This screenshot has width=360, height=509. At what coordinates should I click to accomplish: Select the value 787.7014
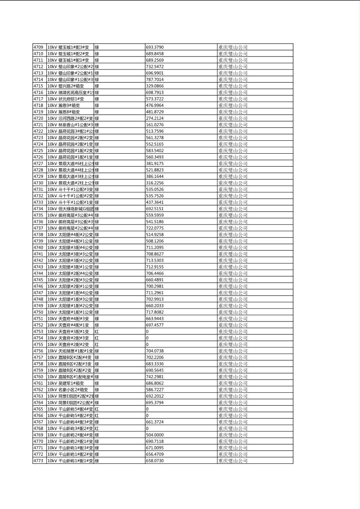coord(155,79)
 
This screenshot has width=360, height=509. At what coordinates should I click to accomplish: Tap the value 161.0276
coord(155,125)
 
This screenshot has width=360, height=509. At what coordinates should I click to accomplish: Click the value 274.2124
coord(155,118)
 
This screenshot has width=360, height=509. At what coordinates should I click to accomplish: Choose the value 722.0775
coord(155,228)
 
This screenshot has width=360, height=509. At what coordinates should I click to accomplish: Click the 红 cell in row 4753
coord(97,332)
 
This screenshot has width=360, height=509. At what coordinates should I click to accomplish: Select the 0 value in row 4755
coord(147,344)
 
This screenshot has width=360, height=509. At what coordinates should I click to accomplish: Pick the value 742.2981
coord(155,377)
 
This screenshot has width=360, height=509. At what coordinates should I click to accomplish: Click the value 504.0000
coord(155,435)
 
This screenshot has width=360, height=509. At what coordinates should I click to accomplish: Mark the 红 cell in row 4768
coord(97,428)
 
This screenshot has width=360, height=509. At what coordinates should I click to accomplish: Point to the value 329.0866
coord(155,86)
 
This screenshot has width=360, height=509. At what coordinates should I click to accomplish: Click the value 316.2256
coord(155,183)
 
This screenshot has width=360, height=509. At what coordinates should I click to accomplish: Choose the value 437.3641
coord(155,202)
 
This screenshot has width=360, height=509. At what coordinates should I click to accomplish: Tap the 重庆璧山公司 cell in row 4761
coord(233,383)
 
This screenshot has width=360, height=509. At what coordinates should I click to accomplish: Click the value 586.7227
coord(155,390)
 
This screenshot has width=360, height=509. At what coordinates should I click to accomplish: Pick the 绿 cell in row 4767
coord(97,422)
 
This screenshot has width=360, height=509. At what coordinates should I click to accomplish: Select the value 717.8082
coord(155,312)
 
